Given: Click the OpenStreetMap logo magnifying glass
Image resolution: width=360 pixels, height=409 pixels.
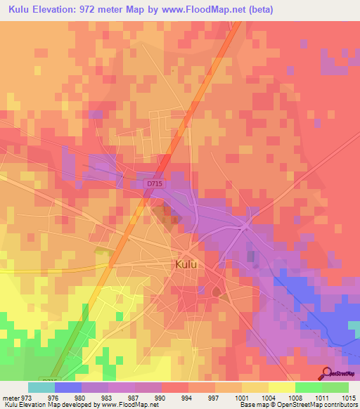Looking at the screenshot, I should pos(326,374).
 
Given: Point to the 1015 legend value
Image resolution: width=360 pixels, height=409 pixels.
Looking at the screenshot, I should pos(349,398).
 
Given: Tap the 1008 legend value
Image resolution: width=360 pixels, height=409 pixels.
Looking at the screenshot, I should pos(296,398).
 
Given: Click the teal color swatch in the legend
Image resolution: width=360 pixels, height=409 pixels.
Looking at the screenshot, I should pos(41,387).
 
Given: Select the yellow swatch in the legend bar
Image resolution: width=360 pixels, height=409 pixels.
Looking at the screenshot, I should pos(281,387).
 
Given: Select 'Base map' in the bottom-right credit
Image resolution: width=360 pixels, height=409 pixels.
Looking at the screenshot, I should pos(250,405).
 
